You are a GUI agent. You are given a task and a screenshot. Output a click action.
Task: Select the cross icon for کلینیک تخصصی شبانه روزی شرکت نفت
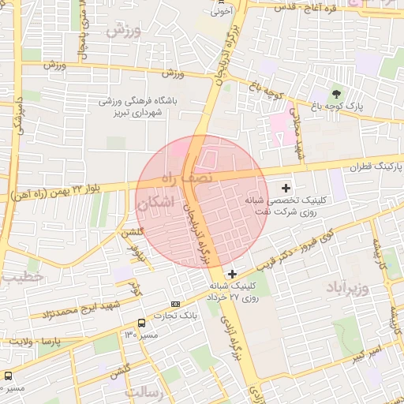point(286,189)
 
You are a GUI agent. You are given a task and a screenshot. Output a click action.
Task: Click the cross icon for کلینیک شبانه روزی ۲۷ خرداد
point(231,273)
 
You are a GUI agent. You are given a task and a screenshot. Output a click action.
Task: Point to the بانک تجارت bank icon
point(175,304)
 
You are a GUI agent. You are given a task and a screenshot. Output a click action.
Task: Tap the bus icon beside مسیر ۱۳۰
point(141,323)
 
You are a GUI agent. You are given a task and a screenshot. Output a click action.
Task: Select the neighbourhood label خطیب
point(19,278)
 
